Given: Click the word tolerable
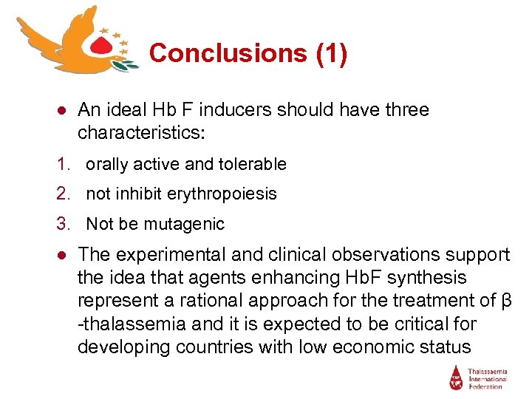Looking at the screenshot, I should [x=250, y=164].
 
